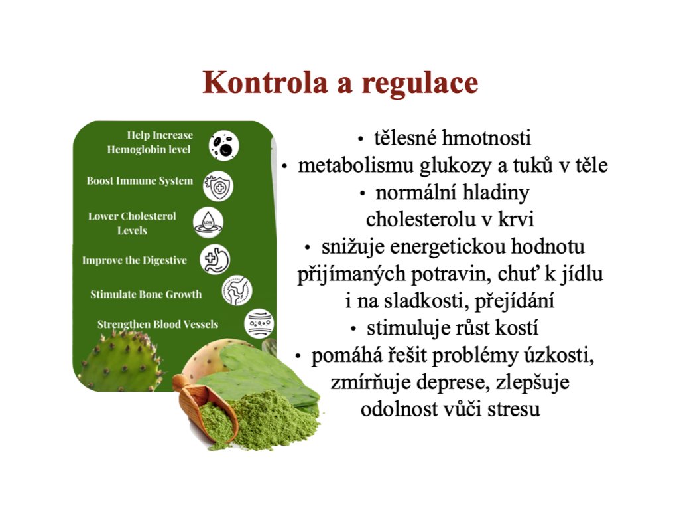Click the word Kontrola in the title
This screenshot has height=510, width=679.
click(x=265, y=82)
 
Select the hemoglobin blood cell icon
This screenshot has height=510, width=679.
click(x=224, y=145)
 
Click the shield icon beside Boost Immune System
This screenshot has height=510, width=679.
click(x=218, y=186)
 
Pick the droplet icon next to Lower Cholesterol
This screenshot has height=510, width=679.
click(x=208, y=222)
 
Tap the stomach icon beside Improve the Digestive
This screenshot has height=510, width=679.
click(x=215, y=260)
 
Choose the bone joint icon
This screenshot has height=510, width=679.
click(x=237, y=290)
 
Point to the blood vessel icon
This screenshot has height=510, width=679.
click(x=259, y=323)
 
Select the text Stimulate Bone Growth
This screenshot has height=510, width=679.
click(x=146, y=294)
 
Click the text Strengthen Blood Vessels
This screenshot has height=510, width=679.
click(x=158, y=324)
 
